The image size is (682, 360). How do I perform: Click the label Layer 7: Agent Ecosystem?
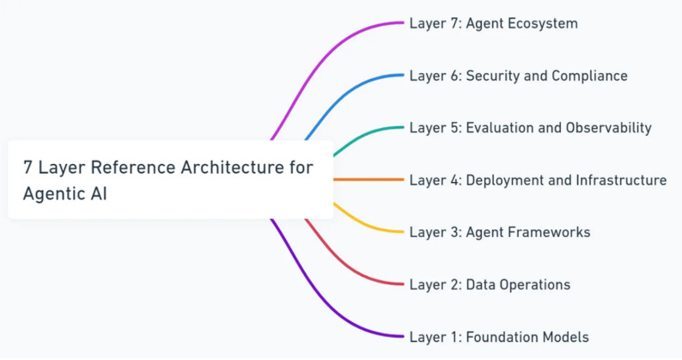click(493, 23)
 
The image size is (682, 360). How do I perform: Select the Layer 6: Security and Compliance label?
click(518, 76)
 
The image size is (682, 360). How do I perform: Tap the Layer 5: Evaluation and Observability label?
click(530, 128)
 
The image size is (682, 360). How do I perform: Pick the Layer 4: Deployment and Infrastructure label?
click(538, 180)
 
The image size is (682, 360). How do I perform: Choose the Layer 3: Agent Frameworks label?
click(499, 232)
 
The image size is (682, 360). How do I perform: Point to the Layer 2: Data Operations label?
click(490, 284)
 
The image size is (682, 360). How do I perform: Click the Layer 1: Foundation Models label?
click(499, 337)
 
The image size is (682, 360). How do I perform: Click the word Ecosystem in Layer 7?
click(540, 23)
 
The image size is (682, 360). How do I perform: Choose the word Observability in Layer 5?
click(607, 128)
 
